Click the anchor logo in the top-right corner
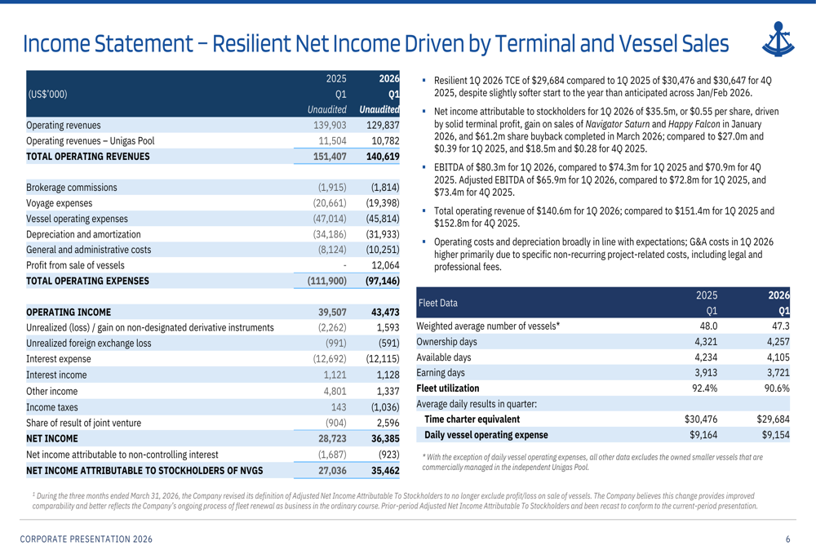coord(778,39)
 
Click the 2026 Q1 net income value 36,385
coord(385,439)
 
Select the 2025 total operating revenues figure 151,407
coord(330,156)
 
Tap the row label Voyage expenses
coord(60,203)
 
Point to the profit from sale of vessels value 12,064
coord(385,265)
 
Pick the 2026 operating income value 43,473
coord(385,313)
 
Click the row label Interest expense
coord(58,359)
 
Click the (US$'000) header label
coord(47,94)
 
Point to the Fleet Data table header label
coord(437,303)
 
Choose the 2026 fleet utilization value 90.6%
coord(777,388)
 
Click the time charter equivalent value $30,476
coord(700,419)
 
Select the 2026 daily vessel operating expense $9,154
coord(775,435)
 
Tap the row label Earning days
coord(441,373)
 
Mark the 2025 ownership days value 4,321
coord(706,342)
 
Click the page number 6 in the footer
coord(787,539)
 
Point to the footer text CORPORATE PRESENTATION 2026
coord(86,539)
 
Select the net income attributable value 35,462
coord(385,471)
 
